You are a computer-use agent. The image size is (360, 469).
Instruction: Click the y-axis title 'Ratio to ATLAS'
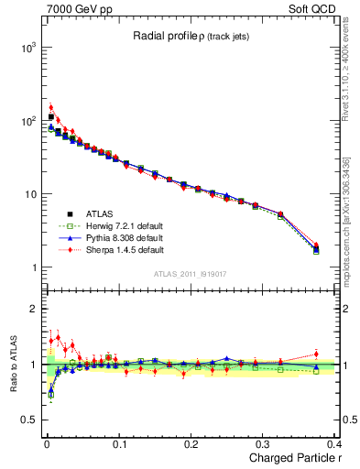click(x=11, y=364)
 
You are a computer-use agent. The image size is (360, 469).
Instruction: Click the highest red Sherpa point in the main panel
click(x=51, y=108)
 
